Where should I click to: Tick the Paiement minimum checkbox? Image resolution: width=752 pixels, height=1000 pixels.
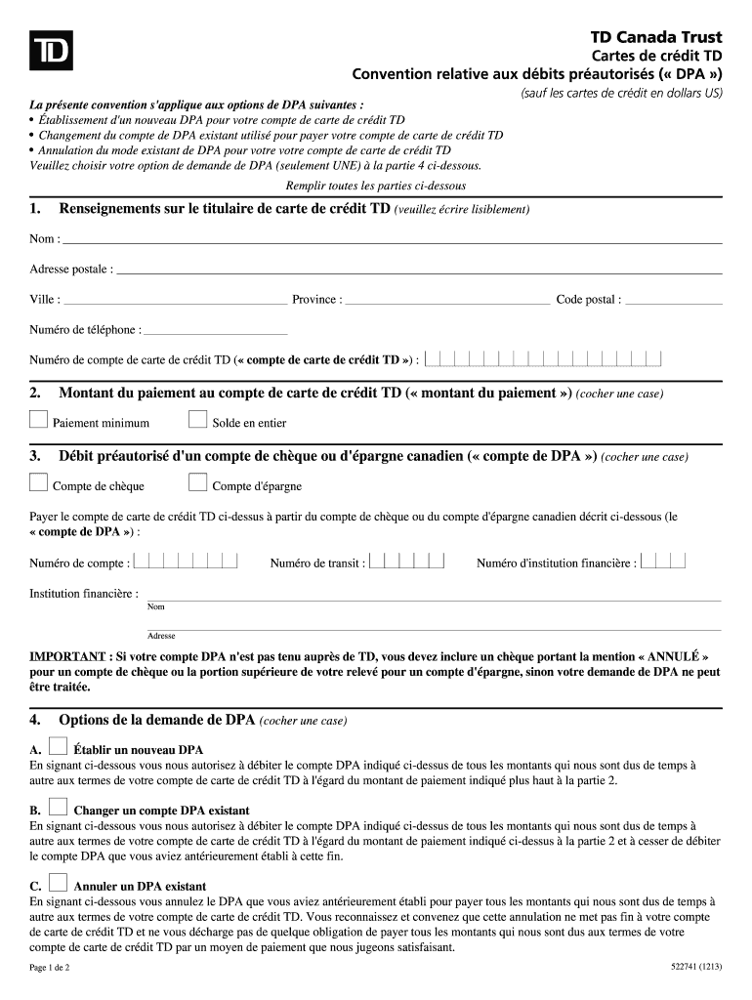click(38, 420)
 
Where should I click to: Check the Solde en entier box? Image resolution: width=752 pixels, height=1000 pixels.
click(197, 420)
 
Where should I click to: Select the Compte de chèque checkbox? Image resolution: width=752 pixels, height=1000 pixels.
click(38, 482)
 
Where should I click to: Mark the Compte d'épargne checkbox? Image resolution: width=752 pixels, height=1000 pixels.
click(197, 482)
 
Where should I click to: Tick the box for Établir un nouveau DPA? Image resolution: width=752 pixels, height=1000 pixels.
click(58, 747)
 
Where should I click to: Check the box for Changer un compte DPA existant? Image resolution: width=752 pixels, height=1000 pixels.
click(58, 808)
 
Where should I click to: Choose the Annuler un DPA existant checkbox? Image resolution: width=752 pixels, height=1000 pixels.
click(58, 883)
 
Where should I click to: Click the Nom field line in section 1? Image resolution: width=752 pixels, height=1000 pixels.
click(391, 240)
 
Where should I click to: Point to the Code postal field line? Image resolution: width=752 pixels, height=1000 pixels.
click(673, 301)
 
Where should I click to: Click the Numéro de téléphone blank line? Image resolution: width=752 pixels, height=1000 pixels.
click(215, 331)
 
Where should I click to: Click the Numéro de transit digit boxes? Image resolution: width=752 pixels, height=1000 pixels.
click(408, 562)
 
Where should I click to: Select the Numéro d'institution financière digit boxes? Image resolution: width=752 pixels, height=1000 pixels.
click(663, 562)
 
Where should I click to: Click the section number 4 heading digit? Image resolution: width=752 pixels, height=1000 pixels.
click(34, 721)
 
